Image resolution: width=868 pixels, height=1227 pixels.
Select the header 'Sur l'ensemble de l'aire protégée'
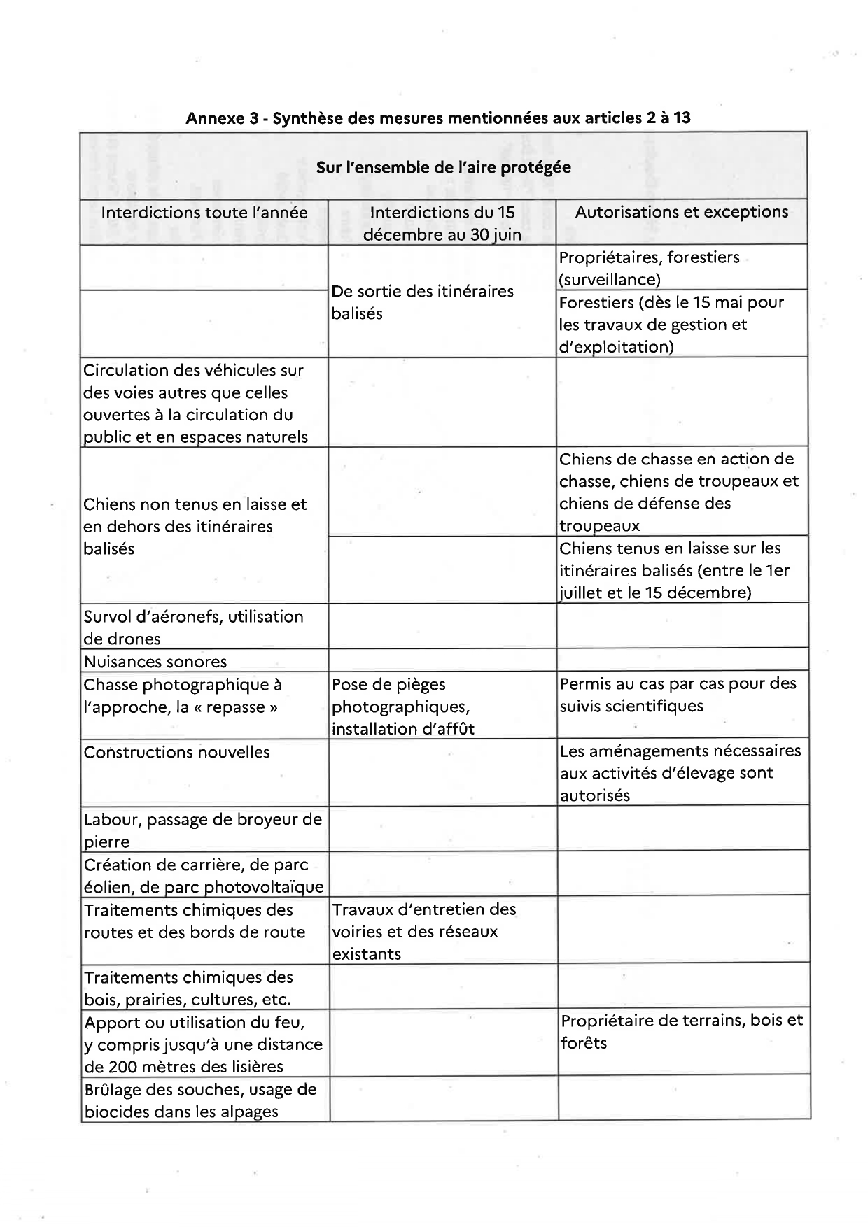tap(443, 167)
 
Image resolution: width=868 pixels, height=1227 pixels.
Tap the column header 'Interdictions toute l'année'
tap(204, 213)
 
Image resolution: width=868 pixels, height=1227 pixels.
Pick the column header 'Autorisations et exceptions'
tap(682, 212)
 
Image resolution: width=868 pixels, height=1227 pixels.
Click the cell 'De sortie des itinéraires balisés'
tap(423, 302)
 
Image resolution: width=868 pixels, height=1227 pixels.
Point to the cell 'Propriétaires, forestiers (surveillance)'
tap(649, 268)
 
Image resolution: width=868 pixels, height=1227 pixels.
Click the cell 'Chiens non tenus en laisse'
tap(195, 526)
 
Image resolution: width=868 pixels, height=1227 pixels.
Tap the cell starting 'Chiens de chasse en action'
tap(678, 492)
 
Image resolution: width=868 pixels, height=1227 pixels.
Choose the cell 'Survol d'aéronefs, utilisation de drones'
tap(193, 627)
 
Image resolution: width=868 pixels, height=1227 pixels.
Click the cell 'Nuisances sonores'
tap(155, 661)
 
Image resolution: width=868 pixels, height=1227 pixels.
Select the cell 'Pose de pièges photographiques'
tap(402, 707)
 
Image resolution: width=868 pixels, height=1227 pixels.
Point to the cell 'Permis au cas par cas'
tap(678, 695)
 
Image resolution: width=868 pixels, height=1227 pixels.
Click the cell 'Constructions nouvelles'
tap(177, 753)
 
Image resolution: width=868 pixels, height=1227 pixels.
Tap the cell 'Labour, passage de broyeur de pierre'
tap(202, 830)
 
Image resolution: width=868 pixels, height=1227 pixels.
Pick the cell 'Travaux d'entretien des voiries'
tap(423, 931)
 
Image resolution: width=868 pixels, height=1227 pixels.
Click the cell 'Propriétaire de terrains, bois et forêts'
tap(681, 1032)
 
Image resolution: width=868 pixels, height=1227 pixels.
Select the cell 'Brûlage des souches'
tap(200, 1100)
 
